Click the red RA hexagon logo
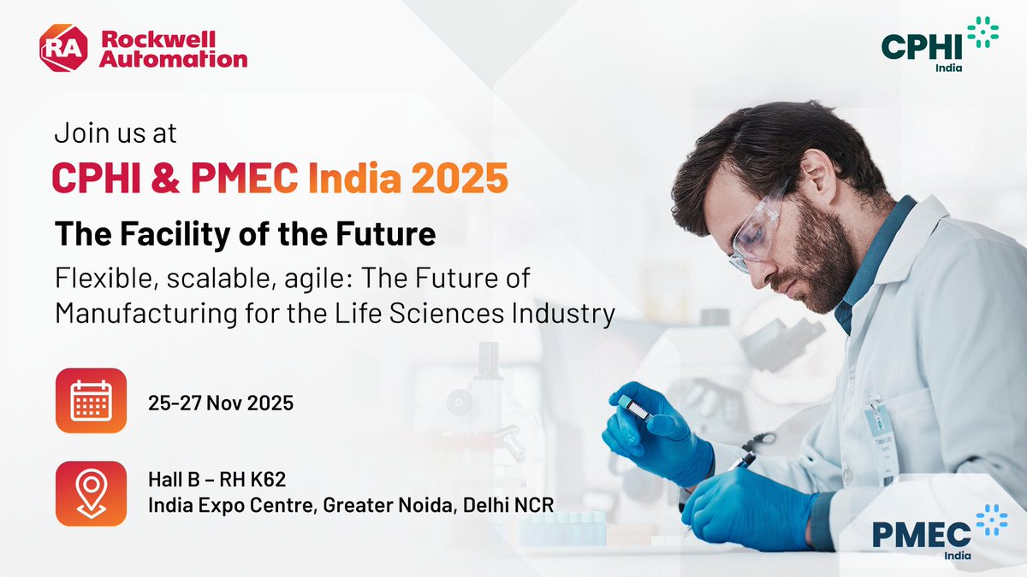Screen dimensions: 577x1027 tap(63, 49)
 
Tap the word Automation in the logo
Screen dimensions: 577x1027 tap(174, 59)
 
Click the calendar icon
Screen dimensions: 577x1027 tap(91, 402)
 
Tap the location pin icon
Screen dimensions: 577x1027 tap(91, 493)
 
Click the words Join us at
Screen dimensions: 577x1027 tap(116, 134)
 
